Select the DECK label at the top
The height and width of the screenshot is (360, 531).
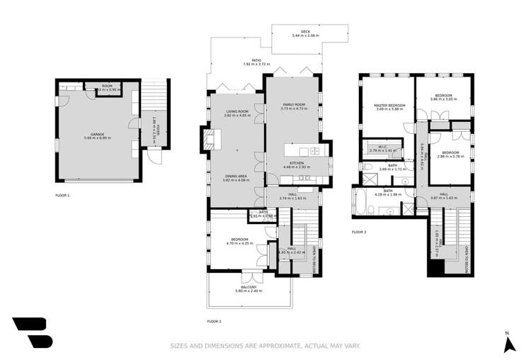pyautogui.click(x=305, y=32)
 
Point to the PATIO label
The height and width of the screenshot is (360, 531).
pyautogui.click(x=247, y=61)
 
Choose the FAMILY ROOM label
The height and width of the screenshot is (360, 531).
pyautogui.click(x=292, y=105)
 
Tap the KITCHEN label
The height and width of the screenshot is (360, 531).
pyautogui.click(x=296, y=163)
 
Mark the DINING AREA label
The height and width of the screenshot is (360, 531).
pyautogui.click(x=236, y=177)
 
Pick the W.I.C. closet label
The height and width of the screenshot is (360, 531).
pyautogui.click(x=381, y=147)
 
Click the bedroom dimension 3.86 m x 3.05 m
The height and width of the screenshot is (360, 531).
pyautogui.click(x=443, y=99)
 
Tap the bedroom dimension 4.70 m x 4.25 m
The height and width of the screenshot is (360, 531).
pyautogui.click(x=236, y=244)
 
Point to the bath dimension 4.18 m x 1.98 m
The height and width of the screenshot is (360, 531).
pyautogui.click(x=388, y=194)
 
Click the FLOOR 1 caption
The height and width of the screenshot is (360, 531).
pyautogui.click(x=62, y=193)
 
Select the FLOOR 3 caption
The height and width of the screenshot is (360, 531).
pyautogui.click(x=360, y=232)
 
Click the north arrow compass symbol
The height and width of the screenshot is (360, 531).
pyautogui.click(x=508, y=344)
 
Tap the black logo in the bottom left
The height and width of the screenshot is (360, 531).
pyautogui.click(x=33, y=332)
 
